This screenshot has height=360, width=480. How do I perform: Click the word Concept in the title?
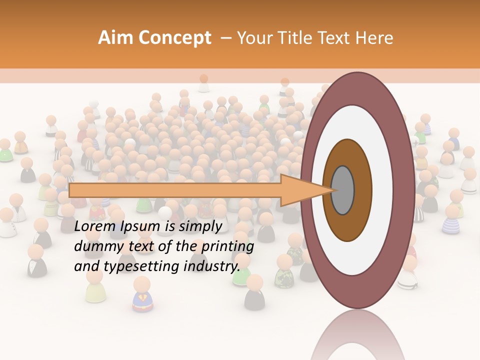pos(174,38)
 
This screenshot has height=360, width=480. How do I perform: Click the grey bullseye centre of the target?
pos(343,190)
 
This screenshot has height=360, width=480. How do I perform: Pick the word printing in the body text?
pos(227,247)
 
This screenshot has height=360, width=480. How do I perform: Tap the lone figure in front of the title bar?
pos(203,83)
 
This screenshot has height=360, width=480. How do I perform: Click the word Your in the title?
pos(253,38)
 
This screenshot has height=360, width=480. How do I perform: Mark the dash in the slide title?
pos(225,38)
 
